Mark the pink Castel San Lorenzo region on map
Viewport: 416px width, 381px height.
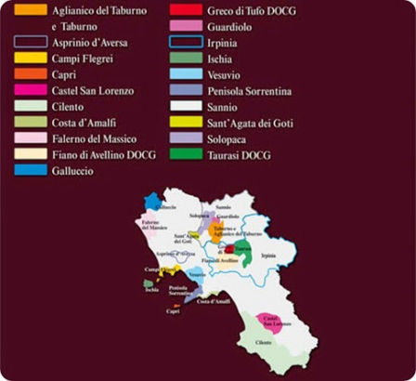[271, 323]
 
